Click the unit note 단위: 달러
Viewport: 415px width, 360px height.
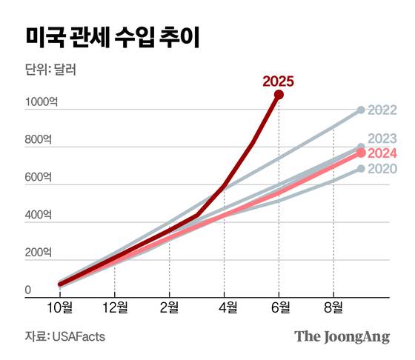[50, 72]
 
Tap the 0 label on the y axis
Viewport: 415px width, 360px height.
[27, 290]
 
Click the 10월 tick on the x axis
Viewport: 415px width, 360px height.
[60, 306]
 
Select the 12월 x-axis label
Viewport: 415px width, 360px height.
[115, 306]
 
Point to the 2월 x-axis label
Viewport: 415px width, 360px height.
[170, 306]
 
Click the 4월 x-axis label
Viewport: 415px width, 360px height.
[225, 306]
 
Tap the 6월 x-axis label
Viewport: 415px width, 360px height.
[279, 306]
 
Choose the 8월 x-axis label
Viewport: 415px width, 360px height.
[334, 306]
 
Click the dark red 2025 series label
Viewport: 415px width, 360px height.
[278, 81]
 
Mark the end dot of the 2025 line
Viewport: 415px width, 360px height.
[279, 95]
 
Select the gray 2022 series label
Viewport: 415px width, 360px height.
[382, 110]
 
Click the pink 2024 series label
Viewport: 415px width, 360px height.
[382, 153]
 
